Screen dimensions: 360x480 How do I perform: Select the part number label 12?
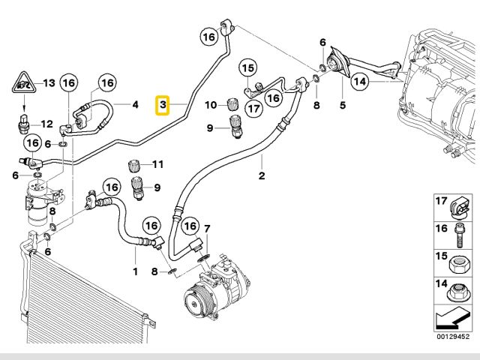[x=46, y=124]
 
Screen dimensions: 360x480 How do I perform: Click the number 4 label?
[x=136, y=104]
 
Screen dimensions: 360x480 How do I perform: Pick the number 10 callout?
[x=211, y=103]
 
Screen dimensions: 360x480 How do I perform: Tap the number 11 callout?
[x=157, y=164]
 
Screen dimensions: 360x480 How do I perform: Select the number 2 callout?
[x=262, y=177]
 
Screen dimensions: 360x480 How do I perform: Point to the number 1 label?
[x=136, y=270]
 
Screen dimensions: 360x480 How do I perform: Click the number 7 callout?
[x=208, y=228]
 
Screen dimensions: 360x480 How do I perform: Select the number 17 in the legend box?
[x=442, y=201]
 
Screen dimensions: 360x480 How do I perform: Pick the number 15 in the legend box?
[x=442, y=256]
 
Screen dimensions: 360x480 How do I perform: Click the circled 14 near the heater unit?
[x=358, y=81]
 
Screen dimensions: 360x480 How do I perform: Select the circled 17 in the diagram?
[x=253, y=109]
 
